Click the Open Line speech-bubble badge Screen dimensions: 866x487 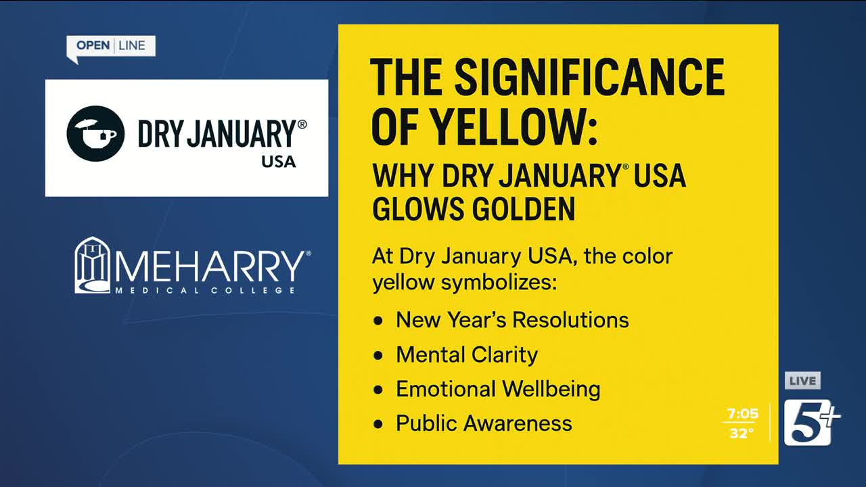point(111,47)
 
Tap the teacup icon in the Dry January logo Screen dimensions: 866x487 point(95,133)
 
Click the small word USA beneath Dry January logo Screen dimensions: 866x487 point(278,162)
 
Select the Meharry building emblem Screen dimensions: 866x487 point(92,265)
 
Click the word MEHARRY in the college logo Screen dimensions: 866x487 point(210,266)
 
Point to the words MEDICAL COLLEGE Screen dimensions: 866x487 point(205,290)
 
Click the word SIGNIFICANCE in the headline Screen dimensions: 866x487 point(589,77)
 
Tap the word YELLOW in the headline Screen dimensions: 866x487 point(515,126)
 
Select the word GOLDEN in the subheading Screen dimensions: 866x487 point(524,209)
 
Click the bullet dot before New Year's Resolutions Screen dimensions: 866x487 point(378,321)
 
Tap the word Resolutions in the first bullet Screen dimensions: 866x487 point(570,320)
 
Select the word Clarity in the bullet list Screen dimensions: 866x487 point(505,355)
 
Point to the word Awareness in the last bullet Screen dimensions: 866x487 point(518,423)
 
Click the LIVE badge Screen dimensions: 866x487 point(802,381)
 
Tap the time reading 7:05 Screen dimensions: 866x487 point(743,414)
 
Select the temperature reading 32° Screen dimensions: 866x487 point(741,434)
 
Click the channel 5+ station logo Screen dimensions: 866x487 point(811,423)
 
